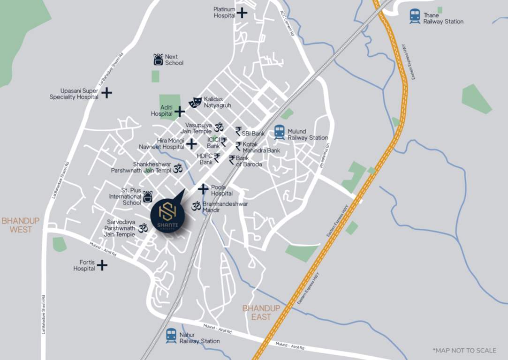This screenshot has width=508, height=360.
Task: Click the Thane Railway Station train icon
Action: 415,16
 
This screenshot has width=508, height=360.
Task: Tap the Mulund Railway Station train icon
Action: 280,132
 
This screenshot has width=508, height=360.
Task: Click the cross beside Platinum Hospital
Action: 242,13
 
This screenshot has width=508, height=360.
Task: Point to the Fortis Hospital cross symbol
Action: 102,265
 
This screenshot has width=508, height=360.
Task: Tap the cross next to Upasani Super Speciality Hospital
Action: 107,93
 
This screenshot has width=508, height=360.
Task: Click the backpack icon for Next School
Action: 159,60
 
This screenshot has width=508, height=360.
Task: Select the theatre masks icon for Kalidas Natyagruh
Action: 195,102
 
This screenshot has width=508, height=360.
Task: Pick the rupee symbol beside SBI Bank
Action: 238,131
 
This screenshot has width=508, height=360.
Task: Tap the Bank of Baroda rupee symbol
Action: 232,160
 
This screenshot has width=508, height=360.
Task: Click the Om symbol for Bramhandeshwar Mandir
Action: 196,205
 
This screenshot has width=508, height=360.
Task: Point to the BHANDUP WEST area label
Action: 21,225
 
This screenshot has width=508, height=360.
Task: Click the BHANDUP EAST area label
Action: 261,313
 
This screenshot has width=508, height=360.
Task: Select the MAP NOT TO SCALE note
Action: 464,350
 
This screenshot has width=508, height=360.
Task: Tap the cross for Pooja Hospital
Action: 203,189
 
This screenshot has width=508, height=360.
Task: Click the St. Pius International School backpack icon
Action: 148,197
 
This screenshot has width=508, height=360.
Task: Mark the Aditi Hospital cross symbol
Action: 180,111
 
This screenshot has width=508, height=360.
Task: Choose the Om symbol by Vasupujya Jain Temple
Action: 219,127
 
